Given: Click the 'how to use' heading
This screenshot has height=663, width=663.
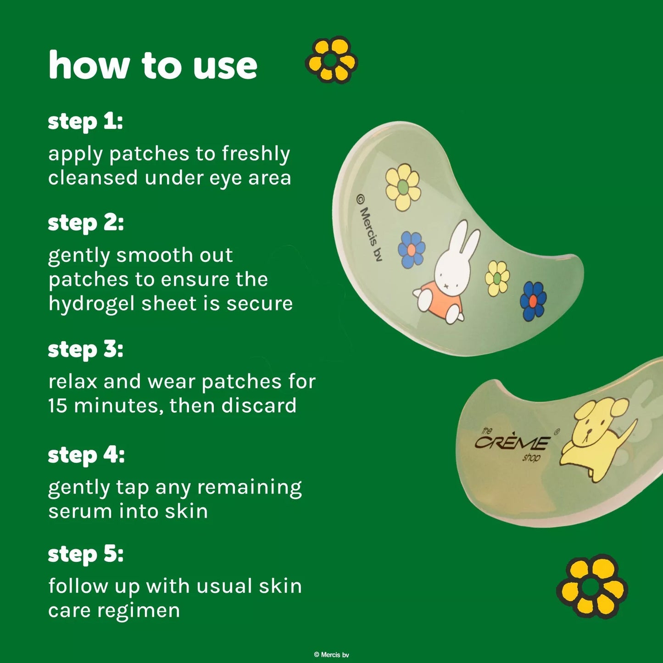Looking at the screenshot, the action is tap(153, 65).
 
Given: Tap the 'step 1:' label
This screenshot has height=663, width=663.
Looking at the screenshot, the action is tap(85, 123).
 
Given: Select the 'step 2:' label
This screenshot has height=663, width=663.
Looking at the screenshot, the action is tap(86, 224).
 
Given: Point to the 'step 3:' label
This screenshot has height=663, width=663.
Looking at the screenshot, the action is tap(86, 350).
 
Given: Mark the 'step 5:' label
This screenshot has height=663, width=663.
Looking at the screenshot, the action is tap(86, 555).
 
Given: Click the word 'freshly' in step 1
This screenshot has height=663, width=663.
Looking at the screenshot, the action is tap(256, 154).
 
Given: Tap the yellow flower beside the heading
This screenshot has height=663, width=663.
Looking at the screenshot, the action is tap(331, 60).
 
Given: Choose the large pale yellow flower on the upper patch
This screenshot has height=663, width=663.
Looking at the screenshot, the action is tap(403, 187).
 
